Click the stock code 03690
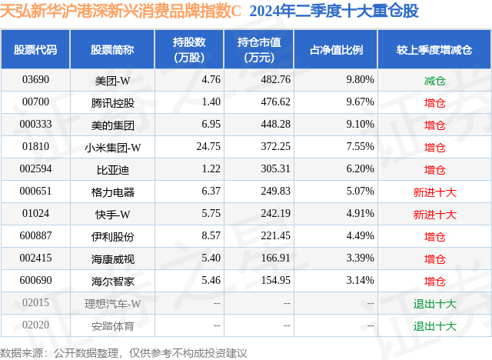pos(35,79)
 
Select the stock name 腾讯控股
pos(112,102)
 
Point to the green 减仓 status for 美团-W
pos(434,79)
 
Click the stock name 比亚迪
pos(112,168)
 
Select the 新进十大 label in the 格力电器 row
pos(434,192)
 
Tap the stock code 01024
pos(35,214)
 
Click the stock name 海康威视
pos(112,258)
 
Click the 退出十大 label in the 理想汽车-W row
pos(434,303)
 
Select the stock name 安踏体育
pos(112,325)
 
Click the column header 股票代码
pos(35,50)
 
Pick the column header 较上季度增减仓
pos(434,50)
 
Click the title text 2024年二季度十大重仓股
pos(334,12)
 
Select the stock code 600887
pos(35,236)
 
